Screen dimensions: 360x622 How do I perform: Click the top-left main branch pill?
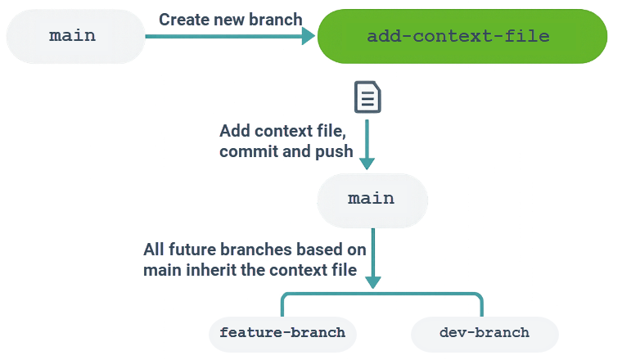click(72, 36)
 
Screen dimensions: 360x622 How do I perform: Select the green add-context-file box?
click(462, 37)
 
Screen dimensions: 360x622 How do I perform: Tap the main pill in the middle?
click(371, 199)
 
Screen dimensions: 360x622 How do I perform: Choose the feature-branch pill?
click(282, 333)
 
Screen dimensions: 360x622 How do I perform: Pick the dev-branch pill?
click(484, 333)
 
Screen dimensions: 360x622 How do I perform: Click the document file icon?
click(367, 97)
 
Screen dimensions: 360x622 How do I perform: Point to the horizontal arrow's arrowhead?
click(308, 36)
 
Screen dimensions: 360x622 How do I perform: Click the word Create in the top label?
click(182, 19)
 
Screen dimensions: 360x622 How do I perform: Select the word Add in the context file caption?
click(234, 132)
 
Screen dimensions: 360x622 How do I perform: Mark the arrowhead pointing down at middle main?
click(367, 163)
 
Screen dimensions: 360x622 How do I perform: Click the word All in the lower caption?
click(155, 249)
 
